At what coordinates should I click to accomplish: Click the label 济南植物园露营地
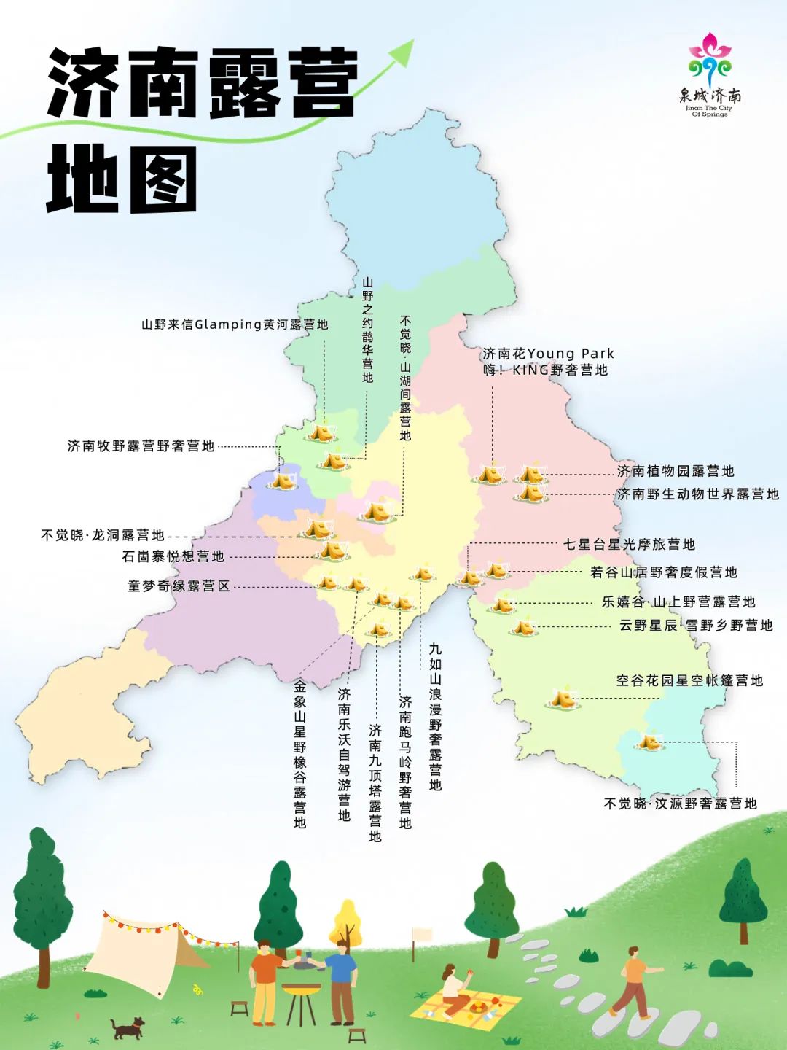(676, 471)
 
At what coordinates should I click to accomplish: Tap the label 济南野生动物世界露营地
(697, 494)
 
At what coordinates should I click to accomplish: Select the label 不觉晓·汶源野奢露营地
(680, 804)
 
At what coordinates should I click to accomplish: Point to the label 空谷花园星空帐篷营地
(689, 680)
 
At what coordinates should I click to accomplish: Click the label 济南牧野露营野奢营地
(141, 446)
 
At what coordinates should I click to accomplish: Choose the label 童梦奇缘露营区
(179, 586)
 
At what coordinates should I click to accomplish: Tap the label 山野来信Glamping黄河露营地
(235, 324)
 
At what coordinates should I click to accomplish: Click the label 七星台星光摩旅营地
(630, 544)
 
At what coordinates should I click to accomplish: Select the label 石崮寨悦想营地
(173, 556)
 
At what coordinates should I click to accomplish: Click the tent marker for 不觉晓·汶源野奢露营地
(648, 742)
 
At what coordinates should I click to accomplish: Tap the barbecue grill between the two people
(301, 999)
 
